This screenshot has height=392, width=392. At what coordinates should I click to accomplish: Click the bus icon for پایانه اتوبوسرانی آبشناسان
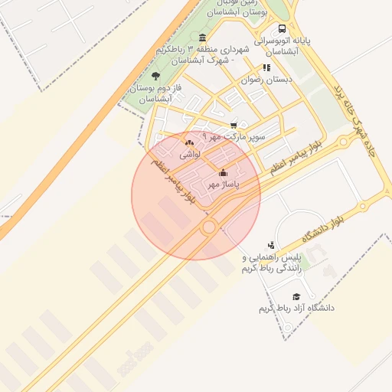pos(283,29)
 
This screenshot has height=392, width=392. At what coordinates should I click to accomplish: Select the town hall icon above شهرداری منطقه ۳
pos(202,38)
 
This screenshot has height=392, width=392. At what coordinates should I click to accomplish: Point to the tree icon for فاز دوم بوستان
pos(156,76)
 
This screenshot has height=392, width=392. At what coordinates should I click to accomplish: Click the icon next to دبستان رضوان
pos(266,67)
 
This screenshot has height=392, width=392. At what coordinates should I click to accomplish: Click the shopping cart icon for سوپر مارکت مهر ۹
pos(234,125)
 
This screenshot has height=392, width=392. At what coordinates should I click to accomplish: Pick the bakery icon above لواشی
pos(190,142)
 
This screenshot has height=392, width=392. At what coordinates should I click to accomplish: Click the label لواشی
pos(190,155)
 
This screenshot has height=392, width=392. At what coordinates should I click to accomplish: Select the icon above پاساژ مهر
pos(223,172)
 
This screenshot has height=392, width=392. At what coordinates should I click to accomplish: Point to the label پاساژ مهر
pos(224,185)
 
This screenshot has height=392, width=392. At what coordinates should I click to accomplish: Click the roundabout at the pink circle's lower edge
pos(208,227)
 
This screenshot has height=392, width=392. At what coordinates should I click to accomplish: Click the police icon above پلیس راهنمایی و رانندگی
pos(271,244)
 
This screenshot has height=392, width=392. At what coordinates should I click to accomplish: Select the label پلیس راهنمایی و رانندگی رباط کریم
pos(272,263)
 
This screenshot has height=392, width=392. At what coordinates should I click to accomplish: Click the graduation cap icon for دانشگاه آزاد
pos(296,296)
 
